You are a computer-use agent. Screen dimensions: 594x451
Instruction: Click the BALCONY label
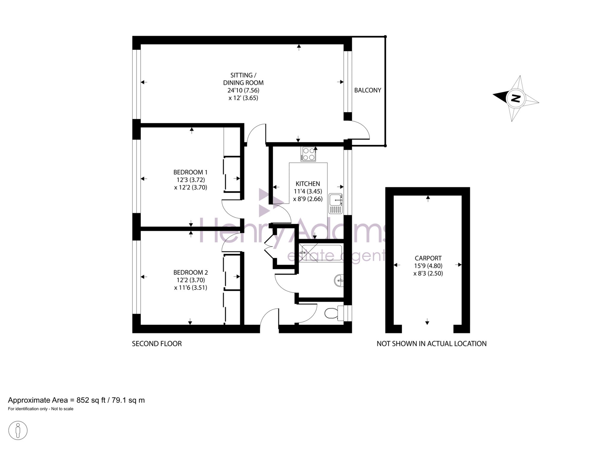tap(367, 90)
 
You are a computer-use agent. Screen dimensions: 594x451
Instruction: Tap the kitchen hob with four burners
tap(308, 154)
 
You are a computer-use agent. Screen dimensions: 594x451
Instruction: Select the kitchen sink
tap(336, 204)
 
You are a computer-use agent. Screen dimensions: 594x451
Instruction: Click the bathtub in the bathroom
tap(320, 253)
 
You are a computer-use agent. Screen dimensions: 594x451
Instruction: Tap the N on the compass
tap(516, 98)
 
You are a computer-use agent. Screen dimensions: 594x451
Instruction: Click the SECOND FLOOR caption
tap(157, 344)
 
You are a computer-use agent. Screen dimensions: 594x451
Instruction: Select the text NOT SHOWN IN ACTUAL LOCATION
tap(432, 344)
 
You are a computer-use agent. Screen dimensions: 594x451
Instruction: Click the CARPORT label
tap(428, 258)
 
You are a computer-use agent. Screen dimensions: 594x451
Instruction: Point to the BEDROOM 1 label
tap(190, 172)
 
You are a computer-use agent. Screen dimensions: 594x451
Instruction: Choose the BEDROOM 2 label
tap(190, 272)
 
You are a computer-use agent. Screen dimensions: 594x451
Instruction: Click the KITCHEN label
tap(308, 184)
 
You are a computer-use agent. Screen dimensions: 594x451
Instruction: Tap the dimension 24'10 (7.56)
tap(243, 90)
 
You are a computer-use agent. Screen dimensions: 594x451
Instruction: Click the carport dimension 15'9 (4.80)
tap(428, 266)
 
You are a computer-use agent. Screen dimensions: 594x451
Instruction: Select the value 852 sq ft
tap(91, 400)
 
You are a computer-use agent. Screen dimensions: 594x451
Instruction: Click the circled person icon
tap(18, 430)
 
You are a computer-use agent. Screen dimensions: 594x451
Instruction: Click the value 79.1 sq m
tap(128, 400)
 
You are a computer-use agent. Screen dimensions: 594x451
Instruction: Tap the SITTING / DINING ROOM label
tap(243, 79)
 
